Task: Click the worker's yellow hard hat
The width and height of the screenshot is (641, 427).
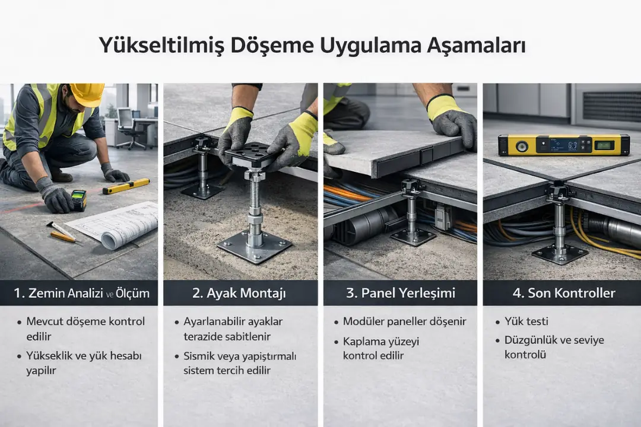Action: (87, 94)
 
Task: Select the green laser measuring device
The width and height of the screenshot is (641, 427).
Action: (78, 200)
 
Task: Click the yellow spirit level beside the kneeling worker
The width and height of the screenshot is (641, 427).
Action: (126, 186)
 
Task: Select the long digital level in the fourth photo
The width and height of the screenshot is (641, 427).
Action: (563, 145)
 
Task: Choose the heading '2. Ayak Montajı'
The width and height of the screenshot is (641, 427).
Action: (240, 293)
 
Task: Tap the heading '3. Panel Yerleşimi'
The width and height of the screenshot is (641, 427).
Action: (400, 293)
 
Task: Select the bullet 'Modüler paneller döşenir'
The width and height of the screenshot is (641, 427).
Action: (404, 321)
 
